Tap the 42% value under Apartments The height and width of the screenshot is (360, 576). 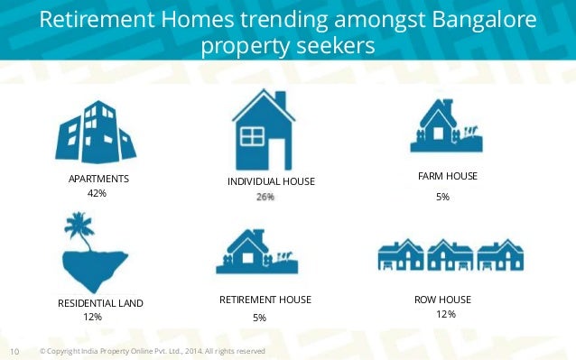[x=97, y=193]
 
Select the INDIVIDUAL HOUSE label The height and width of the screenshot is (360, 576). [x=271, y=182]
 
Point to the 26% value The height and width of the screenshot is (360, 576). [x=265, y=196]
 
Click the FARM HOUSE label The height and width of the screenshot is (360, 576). [x=449, y=175]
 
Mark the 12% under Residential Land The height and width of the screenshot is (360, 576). [x=92, y=317]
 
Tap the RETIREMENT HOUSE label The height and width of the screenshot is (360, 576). [x=265, y=300]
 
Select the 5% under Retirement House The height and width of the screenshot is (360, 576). [x=259, y=318]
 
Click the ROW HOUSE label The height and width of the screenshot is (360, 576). [x=442, y=300]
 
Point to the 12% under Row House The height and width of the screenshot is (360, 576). [x=445, y=314]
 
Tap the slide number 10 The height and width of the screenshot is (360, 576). [x=14, y=351]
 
